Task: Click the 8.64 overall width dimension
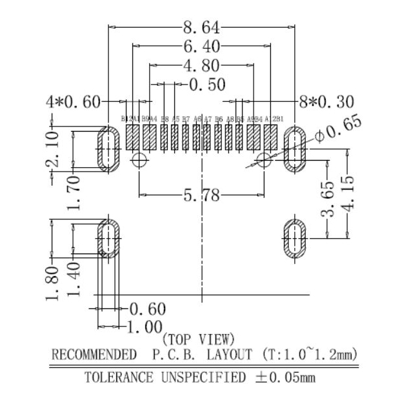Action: click(x=202, y=28)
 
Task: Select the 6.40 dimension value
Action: click(x=202, y=46)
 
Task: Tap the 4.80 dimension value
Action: click(x=201, y=66)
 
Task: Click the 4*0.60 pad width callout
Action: click(x=74, y=102)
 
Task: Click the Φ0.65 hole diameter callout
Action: click(x=339, y=132)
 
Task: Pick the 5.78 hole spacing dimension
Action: click(x=201, y=195)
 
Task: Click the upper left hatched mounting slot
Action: click(x=108, y=149)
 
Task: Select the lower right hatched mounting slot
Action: click(x=294, y=238)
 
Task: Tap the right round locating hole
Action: click(x=264, y=160)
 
